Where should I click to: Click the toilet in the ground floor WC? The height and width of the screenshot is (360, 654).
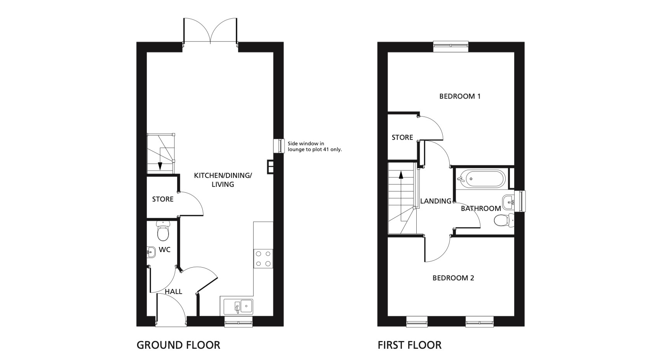(x=163, y=231)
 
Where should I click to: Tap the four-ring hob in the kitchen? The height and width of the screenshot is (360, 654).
(x=263, y=258)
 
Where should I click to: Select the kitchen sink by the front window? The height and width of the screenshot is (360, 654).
(x=238, y=306)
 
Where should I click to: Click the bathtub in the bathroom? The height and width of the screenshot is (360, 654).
(x=481, y=179)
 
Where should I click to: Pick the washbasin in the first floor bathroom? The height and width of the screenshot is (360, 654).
(x=508, y=202)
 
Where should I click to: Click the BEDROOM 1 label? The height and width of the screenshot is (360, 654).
(x=460, y=96)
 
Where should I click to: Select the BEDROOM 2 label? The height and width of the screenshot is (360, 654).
(x=453, y=278)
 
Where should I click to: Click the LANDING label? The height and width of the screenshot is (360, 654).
(x=436, y=201)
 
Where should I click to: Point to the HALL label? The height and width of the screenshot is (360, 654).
(x=174, y=291)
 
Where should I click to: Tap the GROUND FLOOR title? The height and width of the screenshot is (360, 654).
(x=178, y=345)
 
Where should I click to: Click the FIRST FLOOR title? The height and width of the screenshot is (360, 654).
(x=409, y=345)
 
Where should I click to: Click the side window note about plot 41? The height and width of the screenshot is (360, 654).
(x=315, y=146)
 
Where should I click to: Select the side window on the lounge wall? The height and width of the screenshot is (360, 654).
(x=279, y=146)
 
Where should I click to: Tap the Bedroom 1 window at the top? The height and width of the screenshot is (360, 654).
(x=451, y=47)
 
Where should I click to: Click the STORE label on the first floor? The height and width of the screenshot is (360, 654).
(x=402, y=137)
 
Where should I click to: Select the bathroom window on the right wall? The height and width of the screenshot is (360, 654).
(x=520, y=201)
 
